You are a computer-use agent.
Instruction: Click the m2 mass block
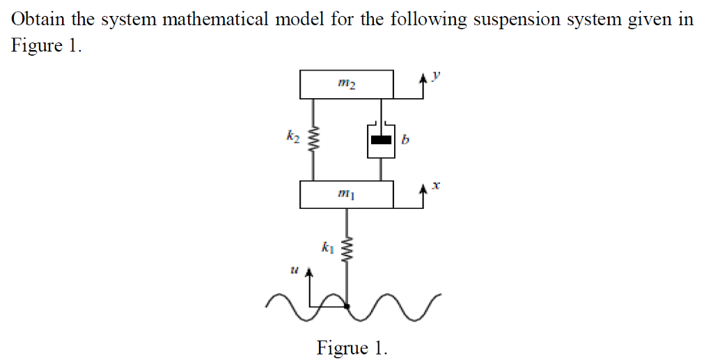347,84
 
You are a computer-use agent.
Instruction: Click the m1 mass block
347,194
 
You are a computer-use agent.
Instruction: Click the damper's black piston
381,139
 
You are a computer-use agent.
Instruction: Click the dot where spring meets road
347,304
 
